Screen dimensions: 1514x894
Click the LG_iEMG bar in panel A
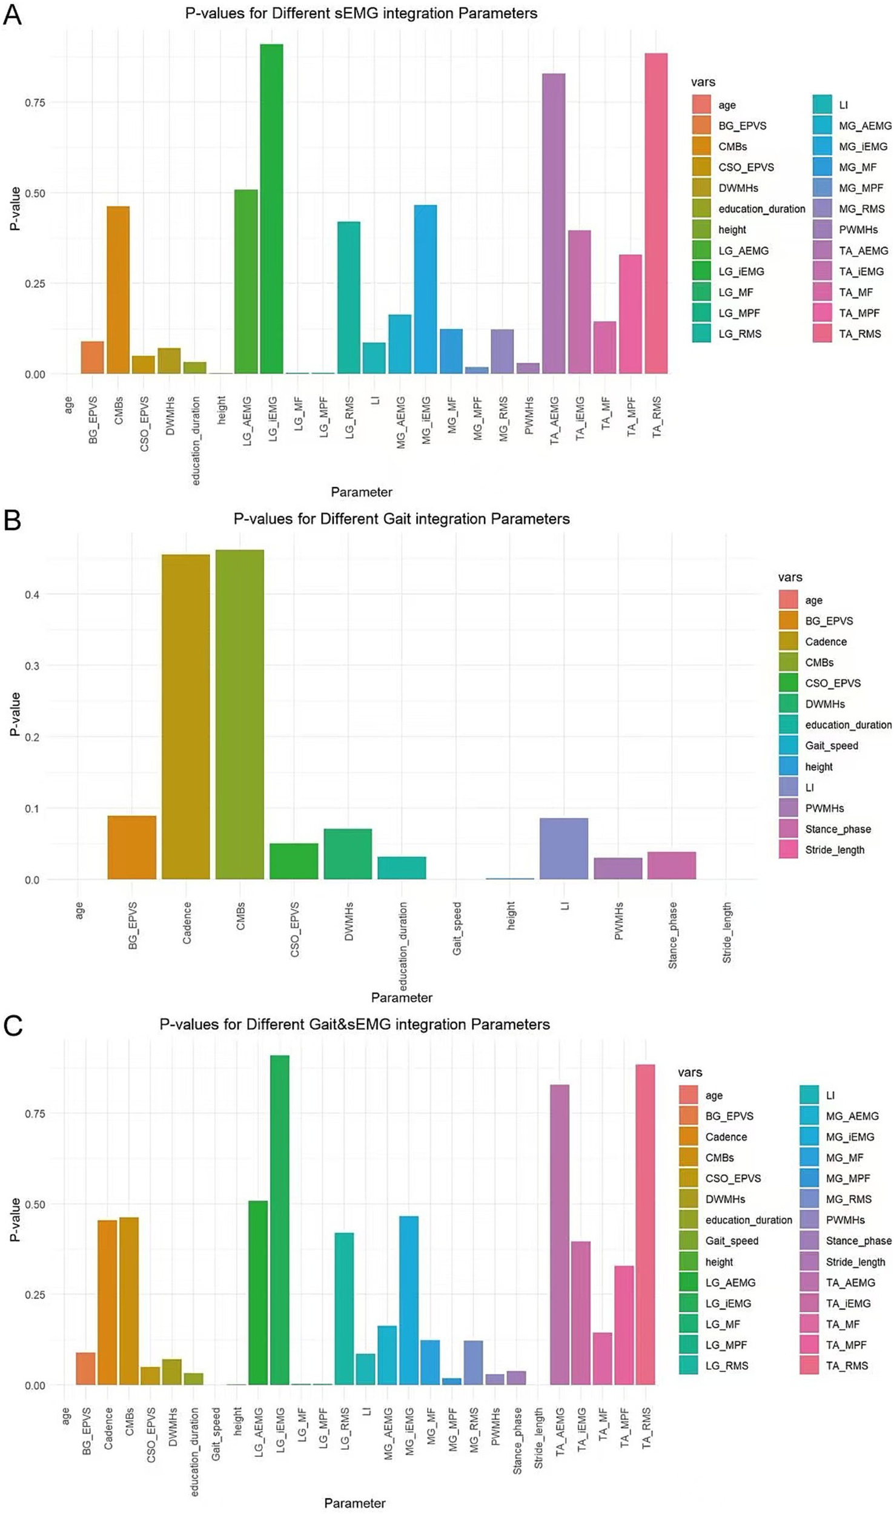tap(271, 209)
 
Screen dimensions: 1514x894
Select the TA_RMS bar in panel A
tap(656, 213)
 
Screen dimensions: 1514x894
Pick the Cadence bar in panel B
tap(186, 716)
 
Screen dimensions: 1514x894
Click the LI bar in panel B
tap(563, 848)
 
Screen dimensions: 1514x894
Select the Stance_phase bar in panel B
tap(671, 865)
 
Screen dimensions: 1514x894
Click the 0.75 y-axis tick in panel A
tap(35, 103)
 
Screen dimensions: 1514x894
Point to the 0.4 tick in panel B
tap(32, 595)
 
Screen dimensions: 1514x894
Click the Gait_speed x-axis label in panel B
tap(457, 928)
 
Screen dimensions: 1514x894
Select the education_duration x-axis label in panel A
tap(196, 441)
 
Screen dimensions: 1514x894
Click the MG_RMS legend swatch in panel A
tap(822, 209)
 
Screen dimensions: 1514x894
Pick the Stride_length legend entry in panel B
tap(834, 850)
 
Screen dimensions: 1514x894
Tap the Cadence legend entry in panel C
tap(726, 1137)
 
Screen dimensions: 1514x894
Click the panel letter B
tap(12, 520)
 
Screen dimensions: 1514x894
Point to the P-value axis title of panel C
tap(15, 1220)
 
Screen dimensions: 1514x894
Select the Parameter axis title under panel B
tap(402, 997)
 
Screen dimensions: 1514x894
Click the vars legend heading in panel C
tap(690, 1072)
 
